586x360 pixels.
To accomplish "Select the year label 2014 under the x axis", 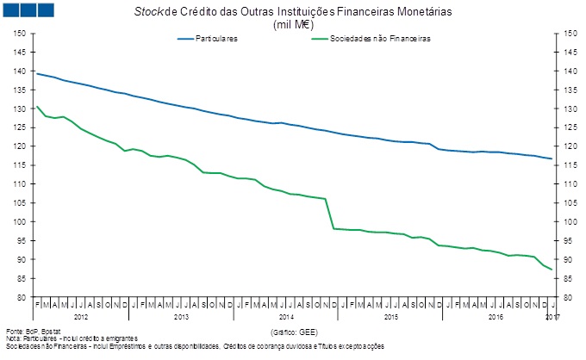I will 286,318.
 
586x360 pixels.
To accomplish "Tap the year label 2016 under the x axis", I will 494,318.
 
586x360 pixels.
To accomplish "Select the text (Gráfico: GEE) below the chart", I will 294,331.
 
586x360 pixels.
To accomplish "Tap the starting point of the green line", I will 36,106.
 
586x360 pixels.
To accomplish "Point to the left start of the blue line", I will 36,73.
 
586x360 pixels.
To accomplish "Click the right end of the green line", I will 552,270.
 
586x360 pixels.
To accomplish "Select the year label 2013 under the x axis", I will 182,318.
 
